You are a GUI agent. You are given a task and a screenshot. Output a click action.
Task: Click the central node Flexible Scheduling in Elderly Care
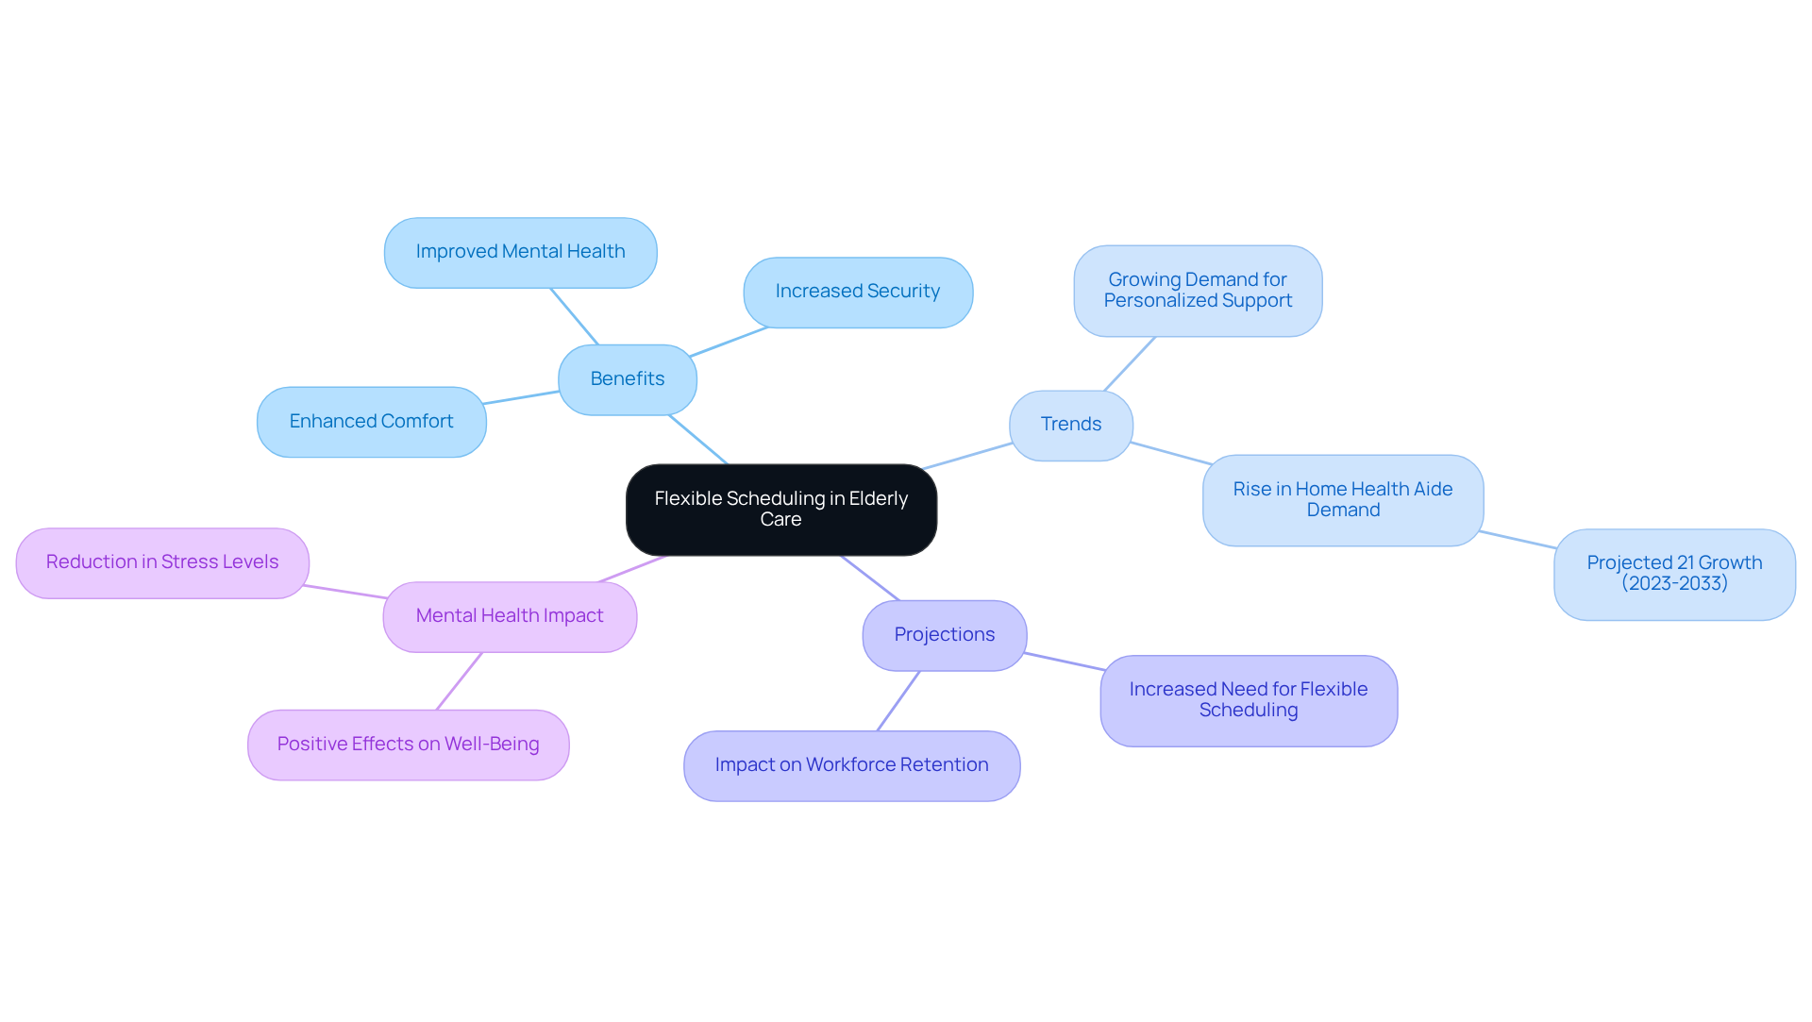coord(780,509)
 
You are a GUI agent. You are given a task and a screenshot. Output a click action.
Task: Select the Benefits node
coord(628,379)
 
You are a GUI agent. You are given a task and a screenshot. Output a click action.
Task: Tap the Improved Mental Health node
coord(520,252)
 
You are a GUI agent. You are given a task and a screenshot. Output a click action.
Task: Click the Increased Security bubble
coord(857,292)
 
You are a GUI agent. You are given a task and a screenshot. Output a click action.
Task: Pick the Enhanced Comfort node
coord(371,422)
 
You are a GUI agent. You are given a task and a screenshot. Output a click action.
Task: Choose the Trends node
coord(1070,425)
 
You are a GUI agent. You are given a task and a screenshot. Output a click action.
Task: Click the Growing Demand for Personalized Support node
coord(1197,291)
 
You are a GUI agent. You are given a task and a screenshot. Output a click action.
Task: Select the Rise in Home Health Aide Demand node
coord(1342,500)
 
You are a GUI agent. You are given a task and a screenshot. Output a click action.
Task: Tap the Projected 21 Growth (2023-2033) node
coord(1673,574)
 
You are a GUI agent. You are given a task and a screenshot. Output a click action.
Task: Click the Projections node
coord(944,635)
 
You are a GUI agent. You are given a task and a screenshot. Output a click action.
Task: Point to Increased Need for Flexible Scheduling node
coord(1248,700)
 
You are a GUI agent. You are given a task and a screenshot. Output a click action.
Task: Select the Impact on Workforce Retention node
coord(851,765)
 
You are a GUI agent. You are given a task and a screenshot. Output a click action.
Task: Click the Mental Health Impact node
coord(510,616)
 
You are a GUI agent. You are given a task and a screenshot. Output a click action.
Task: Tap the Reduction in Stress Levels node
coord(162,562)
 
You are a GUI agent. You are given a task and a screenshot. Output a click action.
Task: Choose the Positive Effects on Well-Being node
coord(408,745)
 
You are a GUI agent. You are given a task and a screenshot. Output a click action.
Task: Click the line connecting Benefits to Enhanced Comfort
coord(522,397)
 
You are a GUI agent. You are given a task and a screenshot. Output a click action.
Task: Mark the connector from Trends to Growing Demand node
coord(1130,364)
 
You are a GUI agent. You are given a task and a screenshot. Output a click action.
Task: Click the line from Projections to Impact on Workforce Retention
coord(898,700)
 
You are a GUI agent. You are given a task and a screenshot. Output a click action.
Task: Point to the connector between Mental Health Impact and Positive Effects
coord(460,680)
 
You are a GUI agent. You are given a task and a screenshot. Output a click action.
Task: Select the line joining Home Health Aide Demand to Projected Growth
coord(1518,540)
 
